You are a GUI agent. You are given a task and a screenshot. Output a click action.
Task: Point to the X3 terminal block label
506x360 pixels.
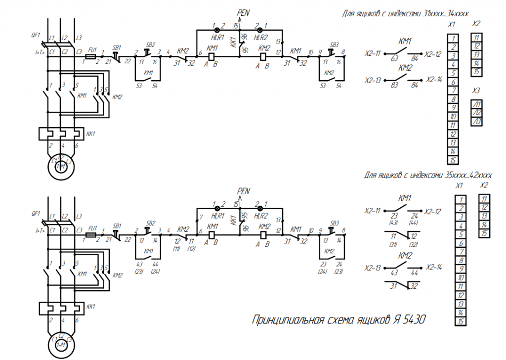(x=476, y=90)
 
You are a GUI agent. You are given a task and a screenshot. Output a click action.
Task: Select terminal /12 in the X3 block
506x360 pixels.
(x=477, y=113)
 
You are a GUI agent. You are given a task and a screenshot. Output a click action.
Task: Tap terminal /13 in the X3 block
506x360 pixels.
(x=477, y=121)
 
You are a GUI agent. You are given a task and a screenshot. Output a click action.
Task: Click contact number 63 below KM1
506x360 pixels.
(x=395, y=58)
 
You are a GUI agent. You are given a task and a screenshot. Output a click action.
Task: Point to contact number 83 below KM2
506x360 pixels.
(x=395, y=85)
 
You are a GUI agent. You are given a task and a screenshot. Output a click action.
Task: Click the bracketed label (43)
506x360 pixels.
(x=394, y=222)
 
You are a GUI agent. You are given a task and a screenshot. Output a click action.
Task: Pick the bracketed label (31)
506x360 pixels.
(x=394, y=244)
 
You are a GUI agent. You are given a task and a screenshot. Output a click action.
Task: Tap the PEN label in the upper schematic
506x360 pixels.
(x=244, y=12)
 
